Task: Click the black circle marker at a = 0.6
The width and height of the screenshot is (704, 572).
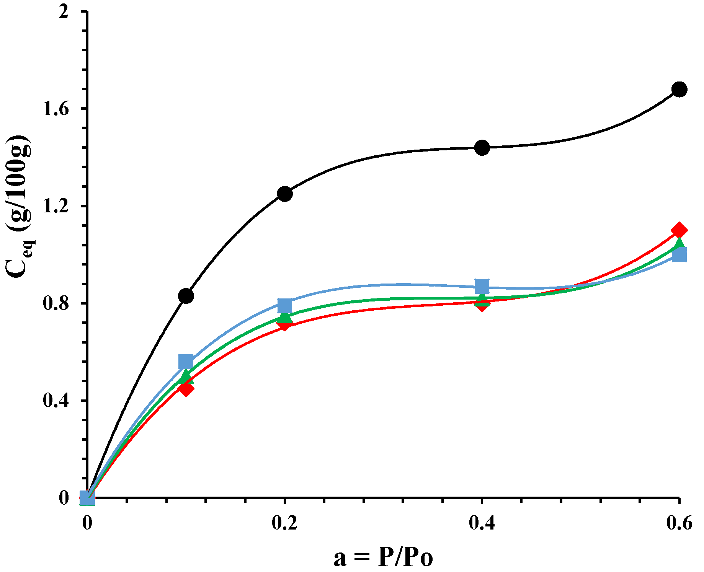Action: click(x=679, y=90)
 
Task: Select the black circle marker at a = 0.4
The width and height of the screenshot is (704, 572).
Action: click(x=482, y=148)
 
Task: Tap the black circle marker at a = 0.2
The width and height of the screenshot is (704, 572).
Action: click(x=285, y=194)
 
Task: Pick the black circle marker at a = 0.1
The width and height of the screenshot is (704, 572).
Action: click(x=186, y=296)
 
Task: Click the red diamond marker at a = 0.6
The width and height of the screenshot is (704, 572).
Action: click(x=679, y=230)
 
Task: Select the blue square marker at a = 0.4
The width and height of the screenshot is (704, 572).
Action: click(x=482, y=286)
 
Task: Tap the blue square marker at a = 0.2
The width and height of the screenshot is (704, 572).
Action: click(x=285, y=305)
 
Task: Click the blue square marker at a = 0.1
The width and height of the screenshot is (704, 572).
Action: click(x=186, y=361)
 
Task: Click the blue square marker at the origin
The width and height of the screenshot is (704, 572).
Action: click(x=87, y=498)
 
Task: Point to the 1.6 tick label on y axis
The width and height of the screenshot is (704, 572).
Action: click(x=56, y=109)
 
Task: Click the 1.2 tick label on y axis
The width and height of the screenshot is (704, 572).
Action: click(x=56, y=207)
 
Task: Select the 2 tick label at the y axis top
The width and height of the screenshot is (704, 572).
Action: click(x=63, y=12)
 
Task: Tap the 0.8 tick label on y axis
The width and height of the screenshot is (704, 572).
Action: click(x=56, y=304)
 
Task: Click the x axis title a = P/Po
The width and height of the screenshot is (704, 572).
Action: click(x=383, y=557)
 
